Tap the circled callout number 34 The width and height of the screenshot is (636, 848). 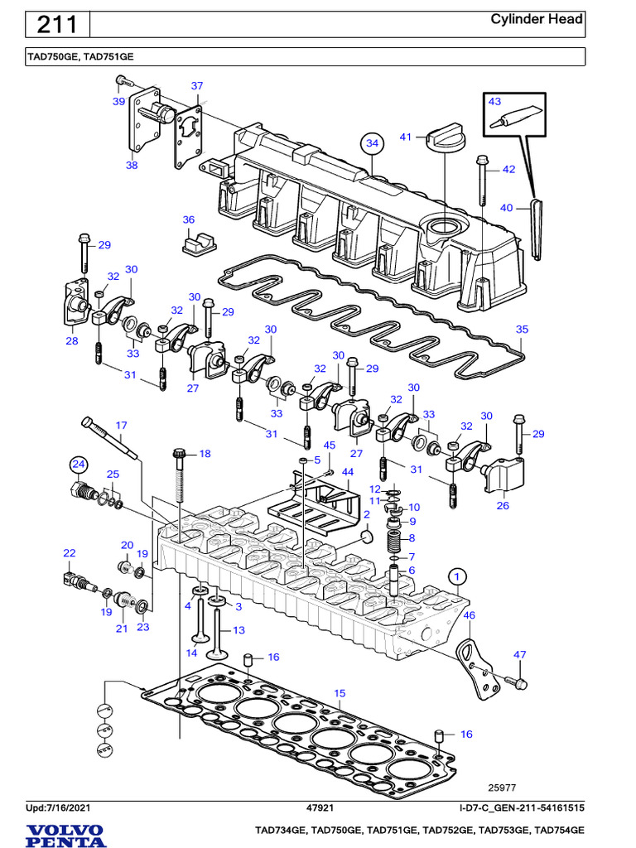tap(373, 143)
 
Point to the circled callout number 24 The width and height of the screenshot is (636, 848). tap(78, 464)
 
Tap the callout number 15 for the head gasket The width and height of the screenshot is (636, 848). tap(339, 692)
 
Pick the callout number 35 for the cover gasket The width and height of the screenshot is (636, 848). tap(521, 329)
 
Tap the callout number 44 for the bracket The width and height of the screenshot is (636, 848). tap(348, 471)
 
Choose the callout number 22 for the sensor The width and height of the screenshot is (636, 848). tap(70, 552)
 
